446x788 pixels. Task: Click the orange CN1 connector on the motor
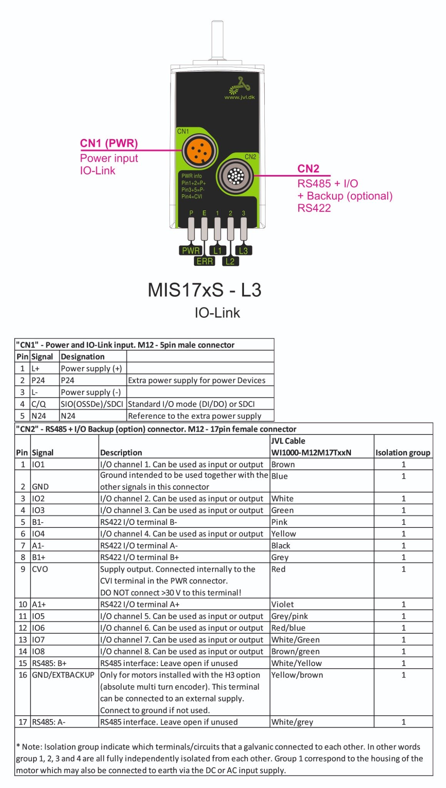coord(199,150)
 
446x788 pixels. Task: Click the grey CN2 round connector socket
coord(236,176)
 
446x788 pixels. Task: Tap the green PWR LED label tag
coord(190,250)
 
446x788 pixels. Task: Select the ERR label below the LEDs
coord(204,261)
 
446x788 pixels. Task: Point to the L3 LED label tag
coord(244,250)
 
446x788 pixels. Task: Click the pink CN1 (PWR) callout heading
coord(109,143)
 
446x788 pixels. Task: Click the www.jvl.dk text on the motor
coord(240,97)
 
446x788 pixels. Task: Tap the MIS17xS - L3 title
coord(205,290)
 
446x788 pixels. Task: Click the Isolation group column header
coord(403,452)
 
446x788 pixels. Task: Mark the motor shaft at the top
coord(218,40)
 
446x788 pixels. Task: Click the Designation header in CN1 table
coord(83,357)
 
